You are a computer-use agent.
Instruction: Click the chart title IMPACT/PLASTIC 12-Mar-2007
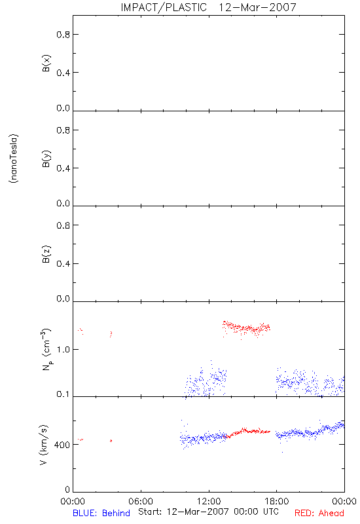pyautogui.click(x=208, y=7)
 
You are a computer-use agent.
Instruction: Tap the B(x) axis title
pyautogui.click(x=46, y=63)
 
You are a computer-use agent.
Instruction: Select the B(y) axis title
pyautogui.click(x=46, y=159)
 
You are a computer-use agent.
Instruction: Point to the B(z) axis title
pyautogui.click(x=46, y=254)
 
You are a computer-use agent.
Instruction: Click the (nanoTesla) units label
pyautogui.click(x=14, y=159)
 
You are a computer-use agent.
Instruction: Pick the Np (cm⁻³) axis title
pyautogui.click(x=46, y=349)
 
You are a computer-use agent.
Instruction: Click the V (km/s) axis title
pyautogui.click(x=44, y=445)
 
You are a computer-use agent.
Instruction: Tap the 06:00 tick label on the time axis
pyautogui.click(x=141, y=501)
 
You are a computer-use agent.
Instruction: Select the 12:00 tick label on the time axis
pyautogui.click(x=209, y=501)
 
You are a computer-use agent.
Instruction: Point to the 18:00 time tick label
pyautogui.click(x=277, y=501)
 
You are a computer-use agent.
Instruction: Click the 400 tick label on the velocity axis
pyautogui.click(x=62, y=445)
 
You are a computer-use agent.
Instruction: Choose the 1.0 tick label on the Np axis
pyautogui.click(x=63, y=350)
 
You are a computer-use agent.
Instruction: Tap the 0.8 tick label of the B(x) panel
pyautogui.click(x=63, y=35)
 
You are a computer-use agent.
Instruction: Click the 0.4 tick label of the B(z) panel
pyautogui.click(x=63, y=264)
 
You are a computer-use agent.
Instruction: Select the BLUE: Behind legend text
pyautogui.click(x=101, y=513)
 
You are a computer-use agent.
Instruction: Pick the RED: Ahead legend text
pyautogui.click(x=319, y=513)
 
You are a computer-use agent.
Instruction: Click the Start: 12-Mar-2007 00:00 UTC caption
pyautogui.click(x=208, y=512)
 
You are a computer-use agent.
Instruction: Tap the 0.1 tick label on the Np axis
pyautogui.click(x=63, y=394)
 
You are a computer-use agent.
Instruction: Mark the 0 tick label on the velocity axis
pyautogui.click(x=67, y=489)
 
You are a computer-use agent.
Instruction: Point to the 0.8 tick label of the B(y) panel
pyautogui.click(x=63, y=130)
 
